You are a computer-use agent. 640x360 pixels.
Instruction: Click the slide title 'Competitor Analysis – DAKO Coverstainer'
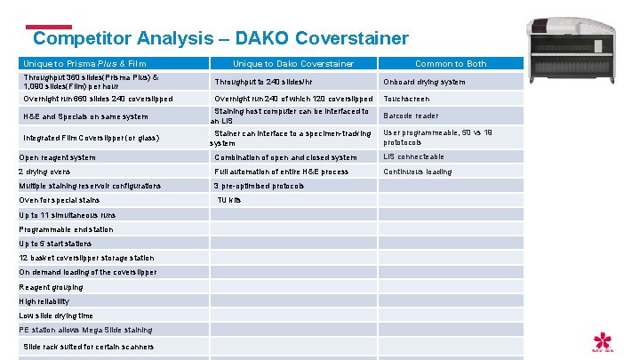(220, 38)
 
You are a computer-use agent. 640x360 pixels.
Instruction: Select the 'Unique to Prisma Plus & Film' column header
(84, 64)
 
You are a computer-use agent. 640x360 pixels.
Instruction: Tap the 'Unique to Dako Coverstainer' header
(293, 64)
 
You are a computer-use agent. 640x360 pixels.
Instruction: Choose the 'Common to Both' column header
(451, 64)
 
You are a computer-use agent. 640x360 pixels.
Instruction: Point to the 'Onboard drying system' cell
(424, 82)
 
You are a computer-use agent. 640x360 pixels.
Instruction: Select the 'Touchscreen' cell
(406, 99)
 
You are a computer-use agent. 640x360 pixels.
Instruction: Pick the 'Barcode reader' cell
(411, 116)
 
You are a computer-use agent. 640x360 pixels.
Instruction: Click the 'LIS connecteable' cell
(413, 157)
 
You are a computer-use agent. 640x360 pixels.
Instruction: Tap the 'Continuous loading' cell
(417, 172)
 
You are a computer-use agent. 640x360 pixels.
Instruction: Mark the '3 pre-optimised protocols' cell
(259, 186)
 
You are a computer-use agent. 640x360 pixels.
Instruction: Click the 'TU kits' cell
(229, 200)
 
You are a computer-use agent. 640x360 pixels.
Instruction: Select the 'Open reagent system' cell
(57, 157)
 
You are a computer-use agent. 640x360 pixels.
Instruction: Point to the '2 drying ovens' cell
(44, 172)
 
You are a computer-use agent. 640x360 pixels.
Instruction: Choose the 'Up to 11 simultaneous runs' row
(67, 215)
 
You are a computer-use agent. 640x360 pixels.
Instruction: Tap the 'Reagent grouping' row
(51, 287)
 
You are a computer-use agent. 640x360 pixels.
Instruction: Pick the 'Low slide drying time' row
(56, 316)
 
